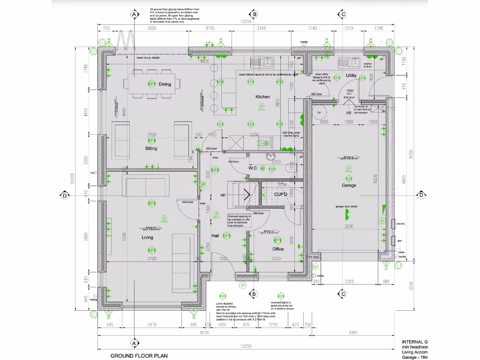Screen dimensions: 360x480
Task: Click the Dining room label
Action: [x=165, y=84]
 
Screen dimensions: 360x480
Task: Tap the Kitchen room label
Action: [x=262, y=97]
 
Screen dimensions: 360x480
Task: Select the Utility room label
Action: [x=351, y=75]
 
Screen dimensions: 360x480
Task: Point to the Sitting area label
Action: [x=151, y=149]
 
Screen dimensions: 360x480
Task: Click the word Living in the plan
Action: [x=147, y=238]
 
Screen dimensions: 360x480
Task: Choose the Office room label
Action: [x=278, y=249]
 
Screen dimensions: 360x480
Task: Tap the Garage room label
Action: [x=349, y=185]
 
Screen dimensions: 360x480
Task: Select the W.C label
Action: [x=253, y=168]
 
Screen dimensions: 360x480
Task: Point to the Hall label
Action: [x=215, y=236]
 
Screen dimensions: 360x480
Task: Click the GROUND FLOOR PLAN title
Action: [x=139, y=356]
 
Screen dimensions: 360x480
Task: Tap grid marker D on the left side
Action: [x=64, y=195]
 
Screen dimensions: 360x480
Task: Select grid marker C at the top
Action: [x=343, y=15]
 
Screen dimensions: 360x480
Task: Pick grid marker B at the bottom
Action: [x=254, y=294]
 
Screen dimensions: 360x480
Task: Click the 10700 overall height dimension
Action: [x=85, y=178]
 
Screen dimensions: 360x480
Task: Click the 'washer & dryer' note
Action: [x=367, y=65]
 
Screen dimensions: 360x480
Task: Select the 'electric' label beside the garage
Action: [x=401, y=224]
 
